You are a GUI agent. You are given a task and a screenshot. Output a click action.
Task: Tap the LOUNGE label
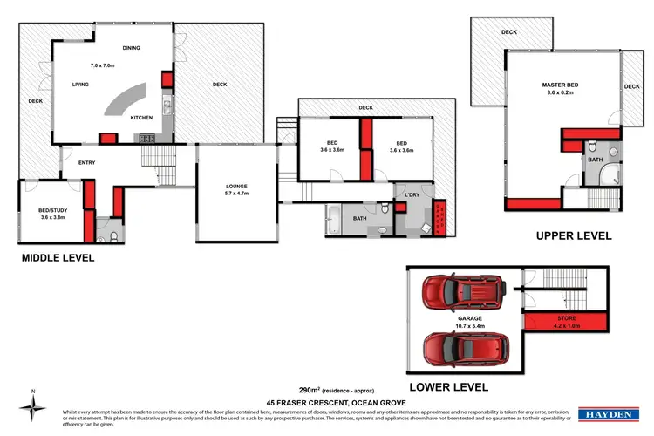click(x=236, y=186)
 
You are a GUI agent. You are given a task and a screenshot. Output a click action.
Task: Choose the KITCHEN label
click(x=142, y=117)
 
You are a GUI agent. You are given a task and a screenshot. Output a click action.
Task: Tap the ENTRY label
click(x=86, y=162)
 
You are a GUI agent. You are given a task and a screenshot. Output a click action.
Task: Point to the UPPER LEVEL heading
click(x=573, y=235)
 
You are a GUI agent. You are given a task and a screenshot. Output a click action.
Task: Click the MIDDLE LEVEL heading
click(x=57, y=258)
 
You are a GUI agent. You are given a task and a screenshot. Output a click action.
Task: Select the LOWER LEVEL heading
click(x=450, y=386)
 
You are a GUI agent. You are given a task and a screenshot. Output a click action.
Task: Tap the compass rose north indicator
click(x=33, y=405)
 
